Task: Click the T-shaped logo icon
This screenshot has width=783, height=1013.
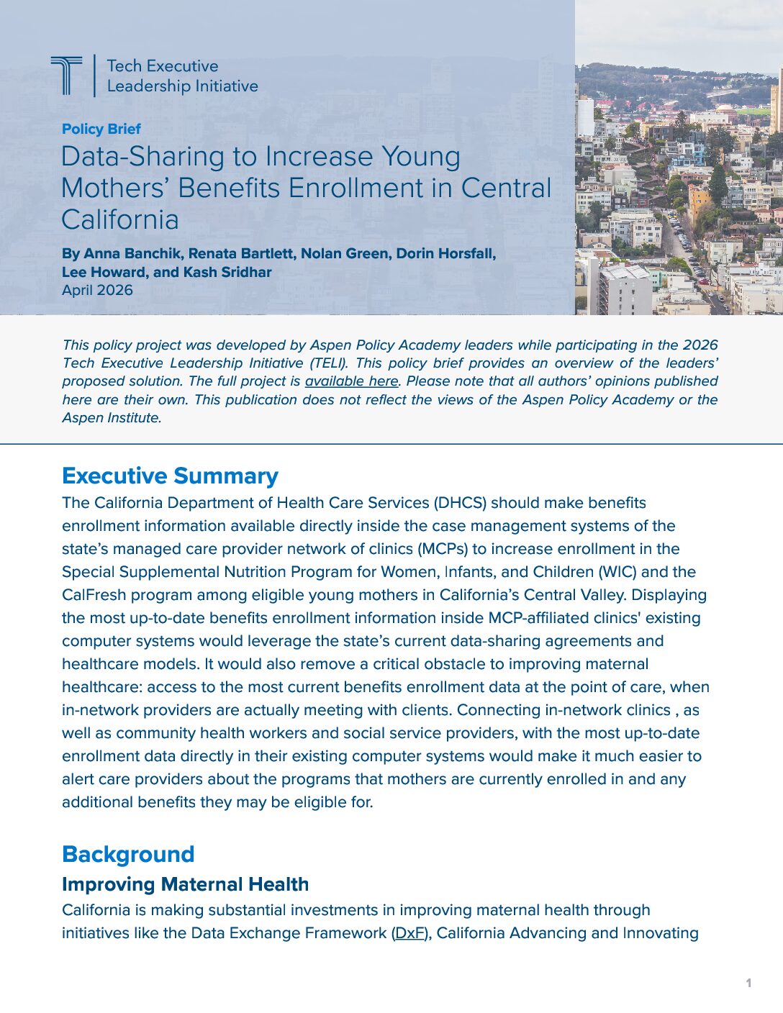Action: coord(66,75)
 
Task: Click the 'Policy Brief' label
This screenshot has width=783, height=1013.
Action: coord(101,129)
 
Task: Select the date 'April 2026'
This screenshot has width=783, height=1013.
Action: coord(97,290)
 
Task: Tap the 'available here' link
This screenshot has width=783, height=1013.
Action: coord(351,381)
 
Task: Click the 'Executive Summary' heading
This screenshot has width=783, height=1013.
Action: coord(170,476)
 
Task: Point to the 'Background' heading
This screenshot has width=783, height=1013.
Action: coord(128,854)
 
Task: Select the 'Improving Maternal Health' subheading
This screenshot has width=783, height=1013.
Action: coord(185,884)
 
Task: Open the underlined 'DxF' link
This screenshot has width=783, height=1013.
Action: coord(410,933)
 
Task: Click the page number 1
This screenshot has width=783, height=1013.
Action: coord(748,983)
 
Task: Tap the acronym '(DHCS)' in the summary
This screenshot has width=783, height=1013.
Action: coord(459,503)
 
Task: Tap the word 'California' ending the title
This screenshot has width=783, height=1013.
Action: coord(120,219)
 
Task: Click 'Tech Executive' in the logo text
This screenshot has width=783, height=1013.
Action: coord(163,66)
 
